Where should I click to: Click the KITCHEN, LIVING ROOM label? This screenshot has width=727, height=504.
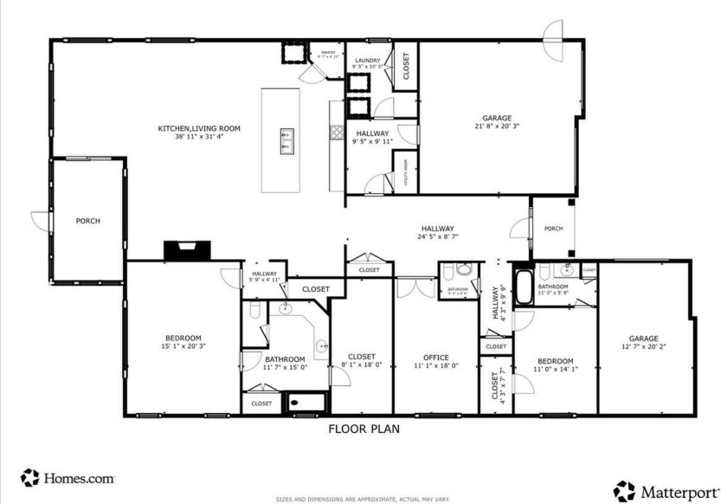(198, 128)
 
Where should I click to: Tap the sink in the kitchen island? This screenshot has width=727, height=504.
(286, 140)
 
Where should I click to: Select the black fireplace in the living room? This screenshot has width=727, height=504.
(187, 250)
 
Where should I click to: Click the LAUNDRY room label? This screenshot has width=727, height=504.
(368, 61)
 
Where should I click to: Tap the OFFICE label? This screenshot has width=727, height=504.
(435, 356)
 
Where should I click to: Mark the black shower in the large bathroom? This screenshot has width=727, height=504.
(306, 402)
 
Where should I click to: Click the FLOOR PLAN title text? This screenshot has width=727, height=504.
(363, 428)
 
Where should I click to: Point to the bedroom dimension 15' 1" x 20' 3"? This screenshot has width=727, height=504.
(183, 346)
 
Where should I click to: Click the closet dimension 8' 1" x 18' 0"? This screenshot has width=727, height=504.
(362, 365)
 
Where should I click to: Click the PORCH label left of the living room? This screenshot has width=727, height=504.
(87, 221)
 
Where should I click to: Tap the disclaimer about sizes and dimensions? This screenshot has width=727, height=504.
(363, 500)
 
